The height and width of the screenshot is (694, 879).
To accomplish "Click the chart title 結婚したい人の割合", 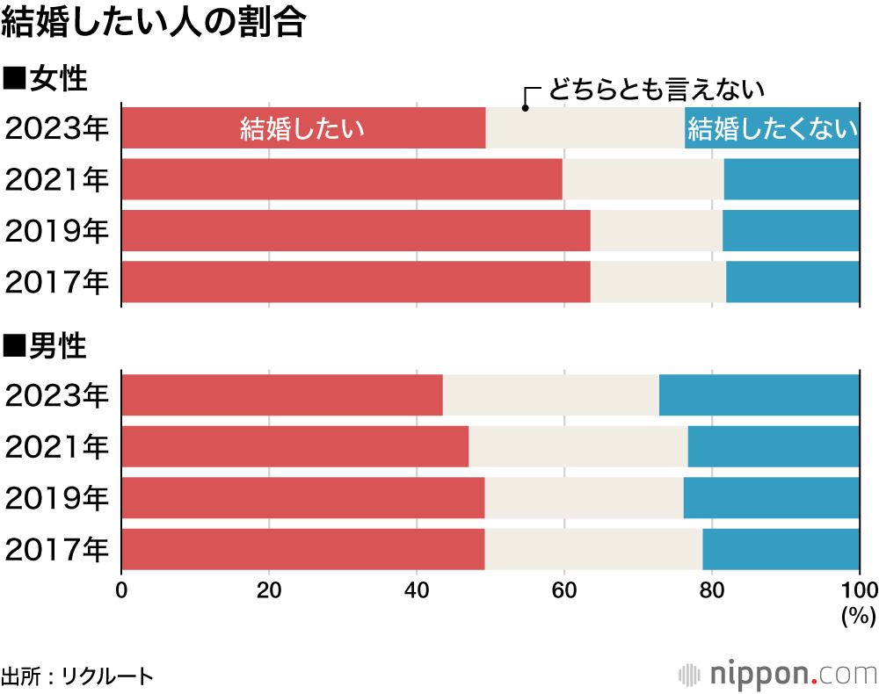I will [153, 24].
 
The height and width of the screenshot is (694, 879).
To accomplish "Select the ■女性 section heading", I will [46, 78].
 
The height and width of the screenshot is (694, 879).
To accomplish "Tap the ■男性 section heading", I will [46, 346].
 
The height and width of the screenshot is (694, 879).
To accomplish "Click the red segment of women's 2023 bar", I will [176, 127].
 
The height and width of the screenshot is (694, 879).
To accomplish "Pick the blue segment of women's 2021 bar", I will [791, 179].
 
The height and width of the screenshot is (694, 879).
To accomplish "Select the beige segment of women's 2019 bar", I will [656, 230].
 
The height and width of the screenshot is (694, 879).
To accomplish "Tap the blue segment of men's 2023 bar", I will [759, 394].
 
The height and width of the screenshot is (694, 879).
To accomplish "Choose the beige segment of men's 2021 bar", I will [578, 446].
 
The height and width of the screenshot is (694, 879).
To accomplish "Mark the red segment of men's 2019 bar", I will [302, 498].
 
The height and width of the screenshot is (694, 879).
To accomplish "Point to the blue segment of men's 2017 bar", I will [781, 549].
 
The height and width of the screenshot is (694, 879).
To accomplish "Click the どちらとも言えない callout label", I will [656, 90].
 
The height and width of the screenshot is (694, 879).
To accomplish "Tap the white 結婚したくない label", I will [773, 129].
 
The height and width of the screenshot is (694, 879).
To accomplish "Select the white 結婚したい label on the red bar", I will [302, 129].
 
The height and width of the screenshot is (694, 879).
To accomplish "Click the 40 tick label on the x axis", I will [416, 589].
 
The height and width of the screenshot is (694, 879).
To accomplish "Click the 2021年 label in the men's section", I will [57, 446].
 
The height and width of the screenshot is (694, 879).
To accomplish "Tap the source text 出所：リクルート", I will [77, 676].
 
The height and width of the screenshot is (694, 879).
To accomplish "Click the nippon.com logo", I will [778, 674].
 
